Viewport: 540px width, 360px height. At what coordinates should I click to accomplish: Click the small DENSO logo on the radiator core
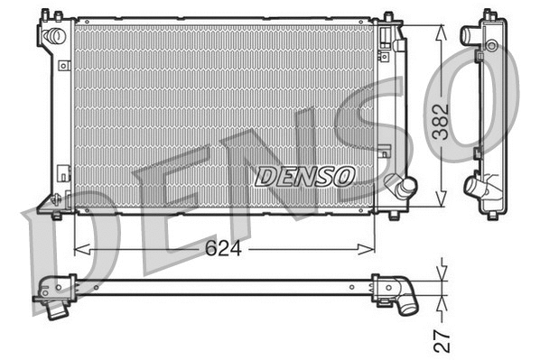pos(304,176)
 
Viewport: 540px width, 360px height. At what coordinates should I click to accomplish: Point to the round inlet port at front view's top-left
pos(54,36)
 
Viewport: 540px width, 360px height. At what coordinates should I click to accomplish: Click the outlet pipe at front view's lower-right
pos(402,187)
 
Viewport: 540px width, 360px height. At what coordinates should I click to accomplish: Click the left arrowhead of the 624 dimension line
pos(78,248)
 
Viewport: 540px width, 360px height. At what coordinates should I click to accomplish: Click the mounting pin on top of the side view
pos(490,13)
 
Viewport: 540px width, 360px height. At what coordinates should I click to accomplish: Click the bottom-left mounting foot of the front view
pos(56,214)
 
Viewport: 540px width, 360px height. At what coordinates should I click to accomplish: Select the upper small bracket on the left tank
pos(63,66)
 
